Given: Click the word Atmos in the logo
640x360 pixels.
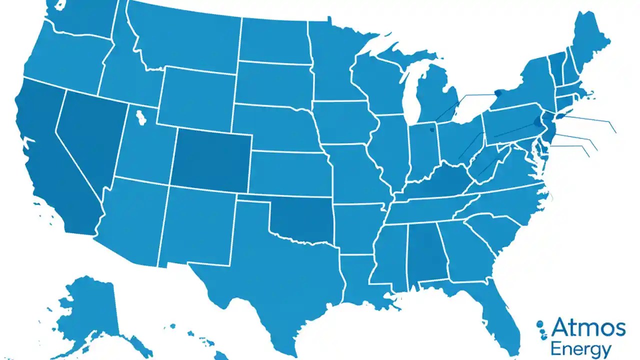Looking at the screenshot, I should [588, 328].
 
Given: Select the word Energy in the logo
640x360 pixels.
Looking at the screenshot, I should [580, 348].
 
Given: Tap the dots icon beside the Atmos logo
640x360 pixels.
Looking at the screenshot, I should [541, 330].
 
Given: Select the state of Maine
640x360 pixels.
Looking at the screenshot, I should [590, 40].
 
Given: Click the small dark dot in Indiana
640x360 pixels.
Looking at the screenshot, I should [431, 130].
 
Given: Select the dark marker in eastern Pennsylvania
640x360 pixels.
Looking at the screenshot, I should [536, 121].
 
